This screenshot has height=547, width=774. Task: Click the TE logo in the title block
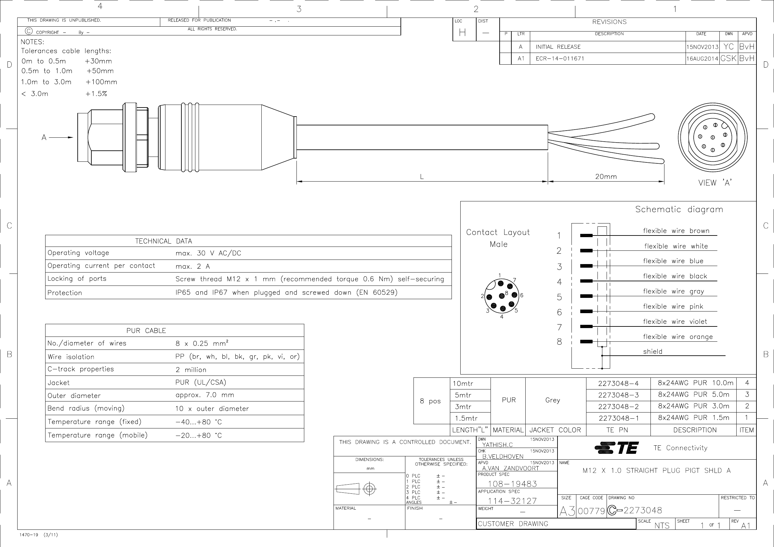(x=616, y=448)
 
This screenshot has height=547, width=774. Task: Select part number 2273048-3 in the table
(x=618, y=395)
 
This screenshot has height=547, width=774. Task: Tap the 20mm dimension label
(x=606, y=176)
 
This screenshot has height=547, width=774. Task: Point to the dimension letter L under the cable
(x=422, y=176)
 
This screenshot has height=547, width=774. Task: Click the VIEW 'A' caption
(x=715, y=183)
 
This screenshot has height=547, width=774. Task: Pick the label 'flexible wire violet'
(x=675, y=322)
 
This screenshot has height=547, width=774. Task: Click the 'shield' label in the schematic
(x=653, y=352)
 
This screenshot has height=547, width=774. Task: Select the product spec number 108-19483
(x=512, y=484)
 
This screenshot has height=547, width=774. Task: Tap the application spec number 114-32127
(x=512, y=501)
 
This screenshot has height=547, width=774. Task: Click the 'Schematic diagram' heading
(x=679, y=210)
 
